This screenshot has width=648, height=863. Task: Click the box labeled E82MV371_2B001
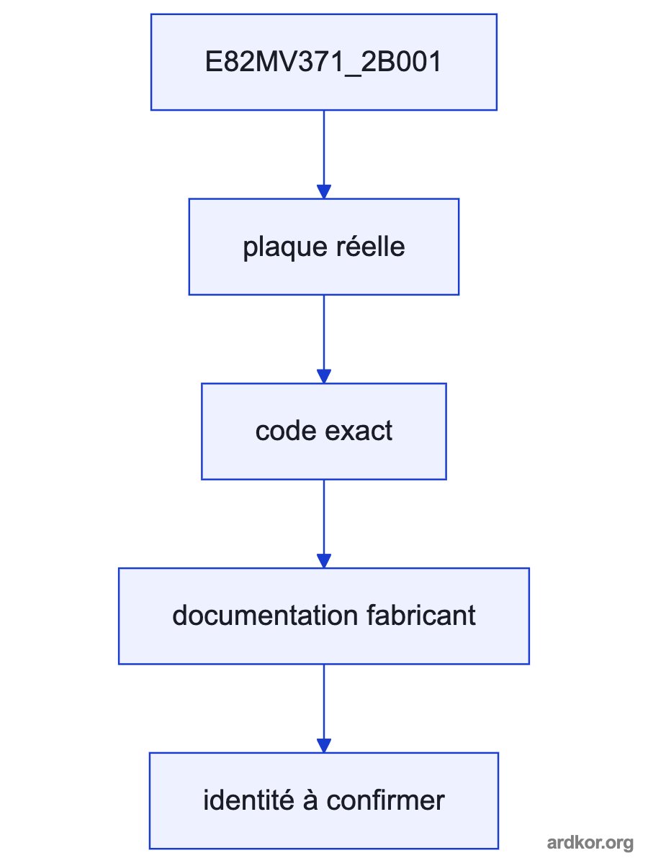point(324,62)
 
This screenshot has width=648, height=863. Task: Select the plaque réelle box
point(324,247)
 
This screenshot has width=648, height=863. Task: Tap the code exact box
point(324,431)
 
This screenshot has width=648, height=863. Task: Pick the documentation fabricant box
point(324,616)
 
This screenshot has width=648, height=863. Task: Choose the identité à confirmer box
point(324,801)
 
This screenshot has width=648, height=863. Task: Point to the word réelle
point(371,246)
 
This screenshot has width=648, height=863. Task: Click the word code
point(286,431)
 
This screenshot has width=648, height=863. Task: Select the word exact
point(359,431)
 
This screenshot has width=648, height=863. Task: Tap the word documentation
point(265,616)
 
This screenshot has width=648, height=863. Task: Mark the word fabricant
point(421,616)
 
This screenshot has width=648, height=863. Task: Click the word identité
point(248,800)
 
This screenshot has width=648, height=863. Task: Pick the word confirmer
point(386,800)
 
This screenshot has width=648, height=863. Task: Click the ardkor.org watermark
point(590,843)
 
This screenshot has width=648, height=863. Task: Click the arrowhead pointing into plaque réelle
point(324,191)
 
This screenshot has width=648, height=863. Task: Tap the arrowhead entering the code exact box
point(324,376)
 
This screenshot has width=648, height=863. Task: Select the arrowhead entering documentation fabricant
point(324,561)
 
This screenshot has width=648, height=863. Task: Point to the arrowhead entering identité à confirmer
point(324,746)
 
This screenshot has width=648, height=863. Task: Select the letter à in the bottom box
point(310,800)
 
